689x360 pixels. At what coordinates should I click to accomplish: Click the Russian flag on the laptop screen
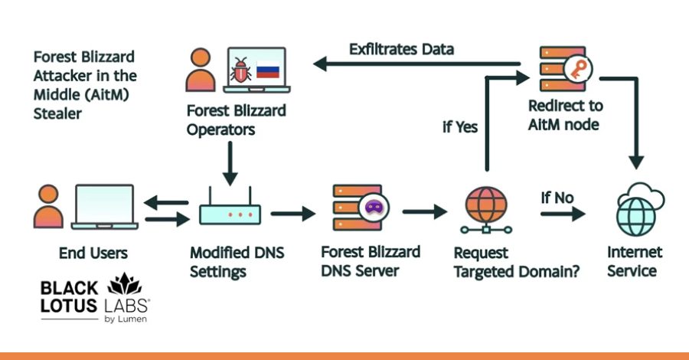click(x=268, y=71)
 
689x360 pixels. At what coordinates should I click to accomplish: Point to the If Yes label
click(x=459, y=127)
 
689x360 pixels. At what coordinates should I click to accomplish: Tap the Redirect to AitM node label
click(x=565, y=114)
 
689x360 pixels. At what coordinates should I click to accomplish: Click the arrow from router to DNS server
click(x=292, y=212)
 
